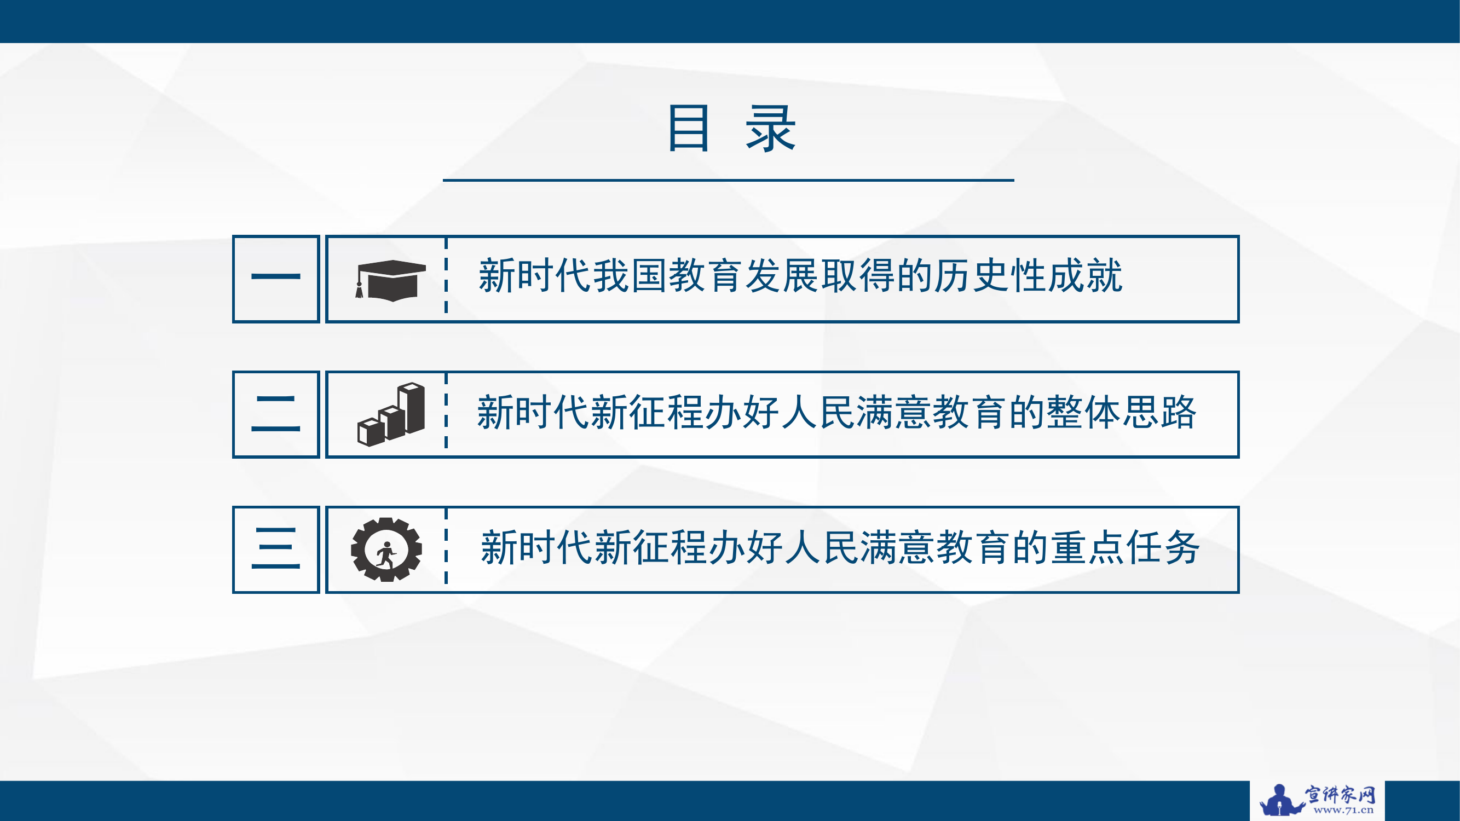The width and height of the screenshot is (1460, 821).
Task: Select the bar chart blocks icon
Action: point(391,414)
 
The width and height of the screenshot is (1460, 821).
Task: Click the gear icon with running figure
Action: point(386,549)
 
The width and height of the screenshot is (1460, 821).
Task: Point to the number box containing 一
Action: point(276,279)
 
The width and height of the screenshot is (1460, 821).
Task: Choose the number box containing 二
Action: point(276,414)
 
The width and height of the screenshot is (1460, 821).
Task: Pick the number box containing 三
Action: point(276,549)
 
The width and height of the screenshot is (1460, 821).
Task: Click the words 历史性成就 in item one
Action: point(1028,276)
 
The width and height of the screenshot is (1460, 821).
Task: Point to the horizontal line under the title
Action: point(728,180)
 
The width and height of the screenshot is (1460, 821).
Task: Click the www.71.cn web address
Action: point(1343,810)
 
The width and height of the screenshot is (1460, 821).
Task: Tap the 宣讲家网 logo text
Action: point(1341,794)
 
